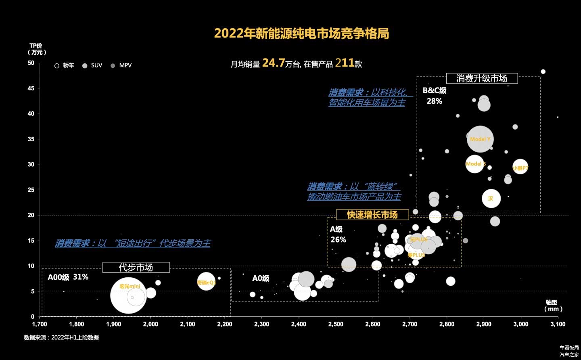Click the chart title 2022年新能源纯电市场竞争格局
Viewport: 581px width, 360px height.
tap(301, 33)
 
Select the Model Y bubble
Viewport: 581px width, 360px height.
tap(480, 139)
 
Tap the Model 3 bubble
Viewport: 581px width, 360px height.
tap(475, 164)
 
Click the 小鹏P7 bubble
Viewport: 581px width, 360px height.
tap(520, 167)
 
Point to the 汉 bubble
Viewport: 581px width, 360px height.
tap(491, 198)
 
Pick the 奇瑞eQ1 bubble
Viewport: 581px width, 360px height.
tap(206, 282)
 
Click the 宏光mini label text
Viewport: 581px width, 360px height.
tap(130, 286)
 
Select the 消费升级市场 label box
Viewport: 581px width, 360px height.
tap(481, 78)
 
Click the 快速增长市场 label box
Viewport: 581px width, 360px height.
tap(372, 215)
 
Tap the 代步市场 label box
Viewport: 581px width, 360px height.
tap(136, 268)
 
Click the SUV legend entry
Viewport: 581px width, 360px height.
tap(92, 65)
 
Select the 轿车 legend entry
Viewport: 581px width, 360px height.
tap(65, 65)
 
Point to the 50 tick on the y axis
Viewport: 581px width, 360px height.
tap(31, 63)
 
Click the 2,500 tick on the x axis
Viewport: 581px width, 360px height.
tap(336, 324)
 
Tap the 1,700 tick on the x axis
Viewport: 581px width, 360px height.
tap(40, 324)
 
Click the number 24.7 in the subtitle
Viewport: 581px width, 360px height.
tap(273, 63)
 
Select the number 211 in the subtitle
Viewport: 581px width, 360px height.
tap(344, 63)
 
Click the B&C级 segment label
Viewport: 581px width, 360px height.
tap(435, 91)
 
